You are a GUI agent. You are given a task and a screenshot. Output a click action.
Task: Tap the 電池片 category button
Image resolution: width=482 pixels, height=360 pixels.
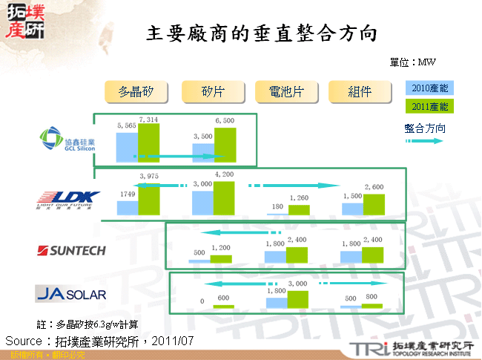pyautogui.click(x=285, y=91)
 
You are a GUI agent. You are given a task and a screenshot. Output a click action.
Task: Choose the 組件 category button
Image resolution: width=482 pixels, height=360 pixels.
pyautogui.click(x=360, y=91)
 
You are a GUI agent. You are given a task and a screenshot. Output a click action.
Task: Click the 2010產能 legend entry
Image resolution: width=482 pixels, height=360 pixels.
pyautogui.click(x=430, y=88)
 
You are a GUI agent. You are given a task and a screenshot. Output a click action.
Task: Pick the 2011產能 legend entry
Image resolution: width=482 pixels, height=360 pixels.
pyautogui.click(x=430, y=106)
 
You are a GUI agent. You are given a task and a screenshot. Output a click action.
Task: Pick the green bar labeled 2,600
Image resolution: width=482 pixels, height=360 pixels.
pyautogui.click(x=374, y=204)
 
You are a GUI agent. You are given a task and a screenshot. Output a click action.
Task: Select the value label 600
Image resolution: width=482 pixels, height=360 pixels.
pyautogui.click(x=222, y=298)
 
